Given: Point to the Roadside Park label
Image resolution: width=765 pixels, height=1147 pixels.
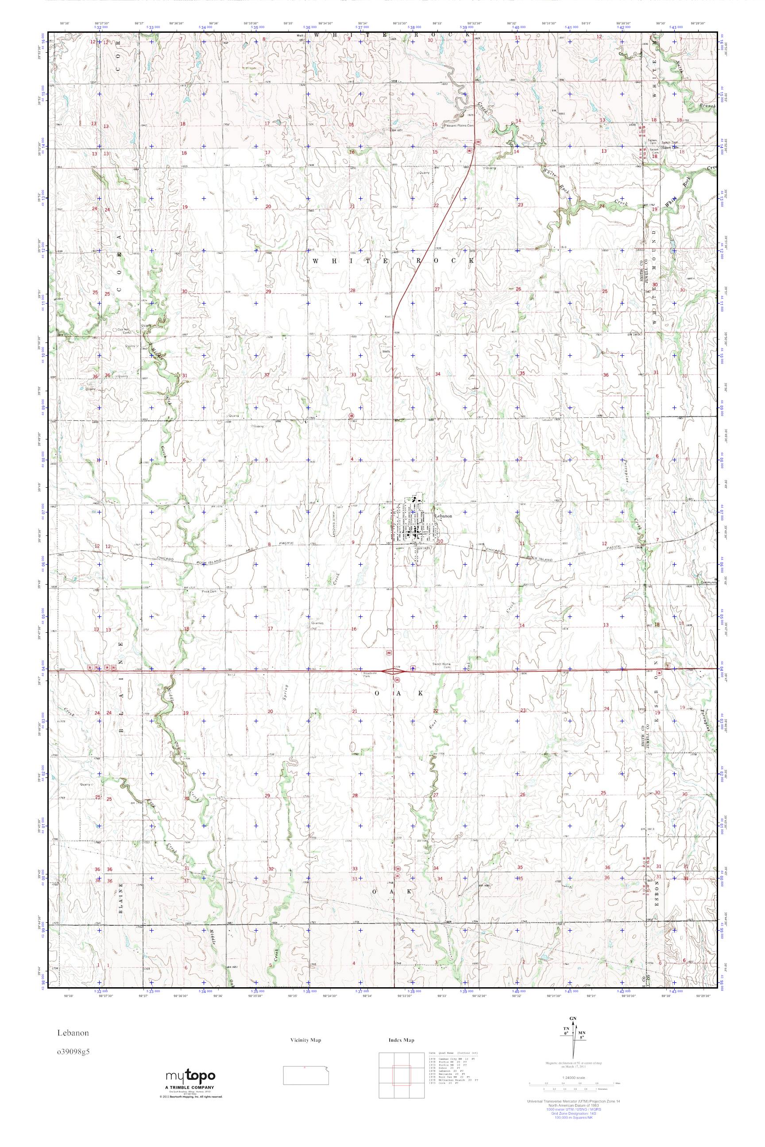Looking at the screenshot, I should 370,675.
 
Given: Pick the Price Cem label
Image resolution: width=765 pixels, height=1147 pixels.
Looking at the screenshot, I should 209,592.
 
